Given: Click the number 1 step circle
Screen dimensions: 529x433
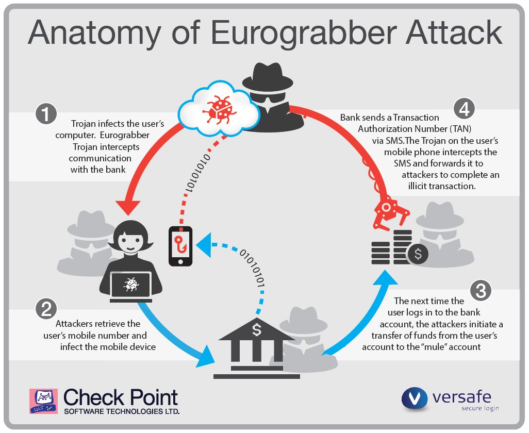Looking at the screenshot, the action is pyautogui.click(x=46, y=114).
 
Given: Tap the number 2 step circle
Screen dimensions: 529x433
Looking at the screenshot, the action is pyautogui.click(x=46, y=309).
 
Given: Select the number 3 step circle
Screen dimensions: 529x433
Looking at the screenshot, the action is pyautogui.click(x=481, y=290).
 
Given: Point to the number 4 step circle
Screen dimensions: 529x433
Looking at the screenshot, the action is pyautogui.click(x=464, y=109).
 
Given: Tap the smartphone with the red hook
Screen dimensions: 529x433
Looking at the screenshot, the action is pyautogui.click(x=180, y=246).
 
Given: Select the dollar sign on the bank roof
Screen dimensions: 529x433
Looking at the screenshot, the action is pyautogui.click(x=257, y=329).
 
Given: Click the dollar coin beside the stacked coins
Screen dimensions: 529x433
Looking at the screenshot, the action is pyautogui.click(x=418, y=254).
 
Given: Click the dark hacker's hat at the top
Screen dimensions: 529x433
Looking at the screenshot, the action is pyautogui.click(x=268, y=76).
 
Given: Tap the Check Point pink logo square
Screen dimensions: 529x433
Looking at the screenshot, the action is pyautogui.click(x=43, y=401).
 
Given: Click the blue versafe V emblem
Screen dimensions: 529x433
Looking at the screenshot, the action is pyautogui.click(x=415, y=398).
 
